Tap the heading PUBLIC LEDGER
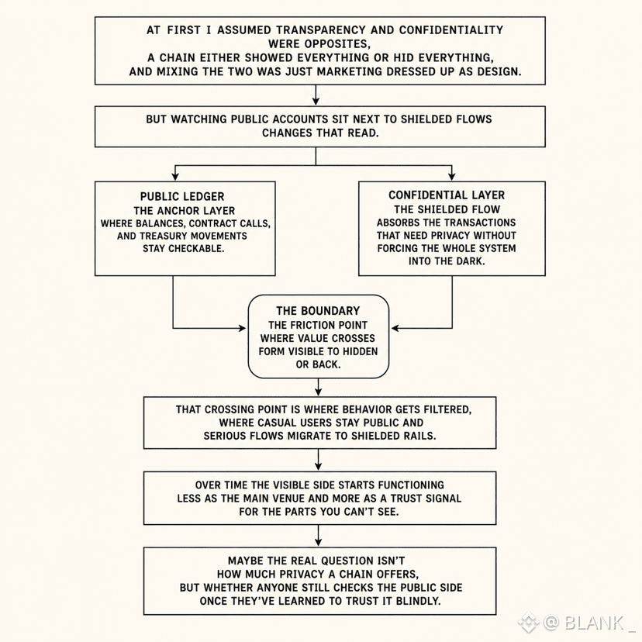182,196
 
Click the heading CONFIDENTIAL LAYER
447,195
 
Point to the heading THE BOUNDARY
318,311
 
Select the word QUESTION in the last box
340,561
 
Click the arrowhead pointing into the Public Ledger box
175,177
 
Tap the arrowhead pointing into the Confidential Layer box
451,177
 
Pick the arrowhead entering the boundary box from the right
395,328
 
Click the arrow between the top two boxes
316,95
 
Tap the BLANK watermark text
594,623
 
